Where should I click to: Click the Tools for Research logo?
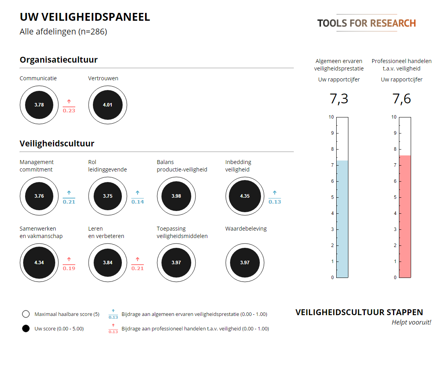point(366,23)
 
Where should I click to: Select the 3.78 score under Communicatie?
point(39,105)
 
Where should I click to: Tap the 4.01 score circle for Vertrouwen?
point(107,105)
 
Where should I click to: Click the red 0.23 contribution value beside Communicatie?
point(69,111)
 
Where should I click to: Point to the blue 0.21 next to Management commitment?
point(69,202)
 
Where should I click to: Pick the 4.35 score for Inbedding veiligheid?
point(245,196)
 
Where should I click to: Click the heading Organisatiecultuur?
point(58,60)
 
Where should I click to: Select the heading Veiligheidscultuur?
point(57,144)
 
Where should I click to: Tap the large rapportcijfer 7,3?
point(339,99)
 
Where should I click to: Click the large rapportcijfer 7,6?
point(402,99)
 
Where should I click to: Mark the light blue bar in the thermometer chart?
point(342,219)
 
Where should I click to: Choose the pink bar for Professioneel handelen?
point(405,216)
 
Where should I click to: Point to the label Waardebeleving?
point(246,229)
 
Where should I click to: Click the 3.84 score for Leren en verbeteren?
point(107,263)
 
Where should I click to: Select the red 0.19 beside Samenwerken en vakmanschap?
point(69,269)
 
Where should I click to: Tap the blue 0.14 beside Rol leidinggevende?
point(138,202)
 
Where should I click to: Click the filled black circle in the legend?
point(26,329)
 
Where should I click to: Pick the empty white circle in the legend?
point(26,314)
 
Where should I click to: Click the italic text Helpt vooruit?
point(411,323)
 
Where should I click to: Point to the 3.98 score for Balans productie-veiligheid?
point(176,196)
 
